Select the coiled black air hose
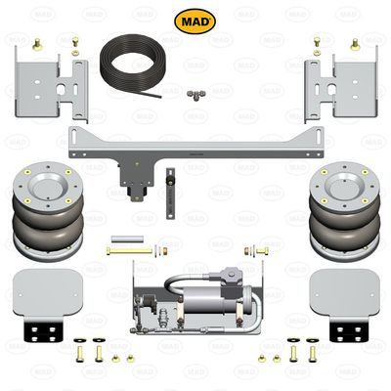133,66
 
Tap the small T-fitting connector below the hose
195,96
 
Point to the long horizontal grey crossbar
195,139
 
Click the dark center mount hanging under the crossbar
128,176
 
